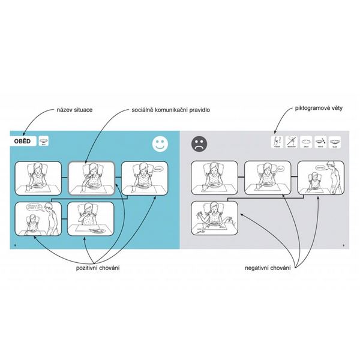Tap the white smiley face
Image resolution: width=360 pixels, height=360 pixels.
pos(158,144)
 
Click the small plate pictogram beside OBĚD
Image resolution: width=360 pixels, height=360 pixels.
pos(44,142)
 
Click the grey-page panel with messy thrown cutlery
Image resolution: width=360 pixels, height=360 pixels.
pos(214,218)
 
